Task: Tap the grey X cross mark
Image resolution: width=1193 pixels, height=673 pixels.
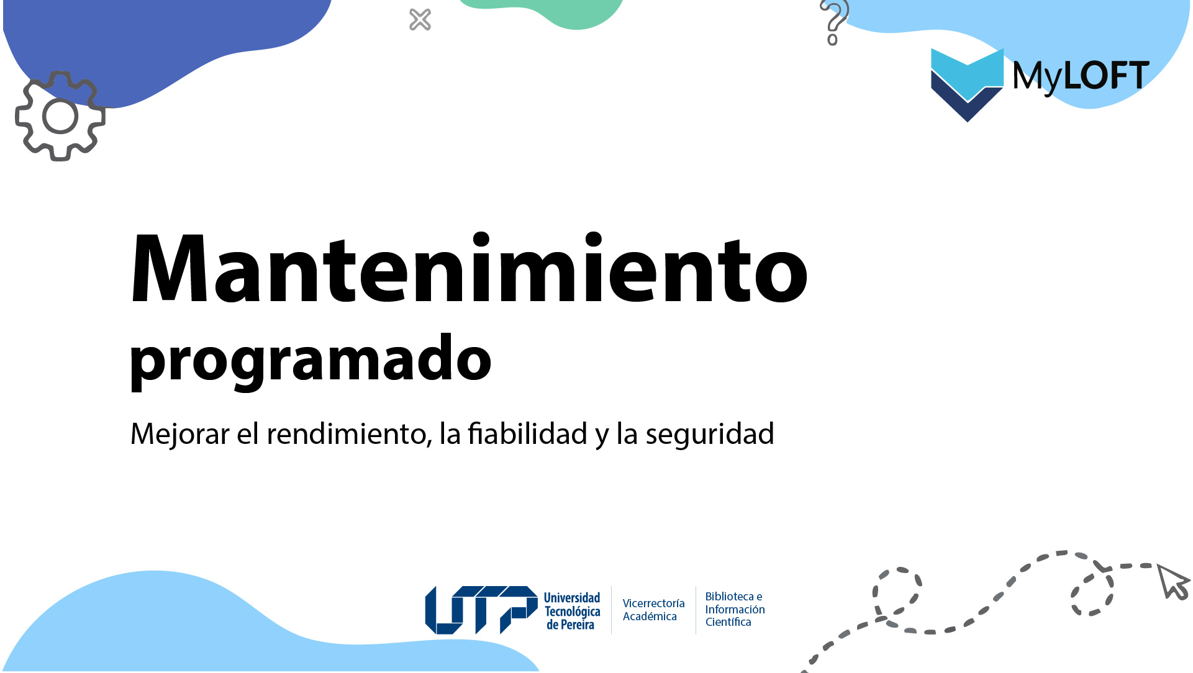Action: tap(420, 20)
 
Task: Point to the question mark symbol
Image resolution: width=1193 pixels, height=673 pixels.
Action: tap(835, 16)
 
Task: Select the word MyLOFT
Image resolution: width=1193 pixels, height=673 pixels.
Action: tap(1081, 76)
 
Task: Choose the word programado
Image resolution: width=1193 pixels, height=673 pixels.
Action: tap(311, 359)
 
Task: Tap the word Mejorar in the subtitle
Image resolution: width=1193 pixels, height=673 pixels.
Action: tap(179, 434)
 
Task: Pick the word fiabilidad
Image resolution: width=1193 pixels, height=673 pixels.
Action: tap(527, 434)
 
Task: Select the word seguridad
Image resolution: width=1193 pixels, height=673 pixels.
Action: tap(709, 434)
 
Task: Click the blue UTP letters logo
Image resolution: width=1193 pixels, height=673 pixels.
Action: tap(481, 610)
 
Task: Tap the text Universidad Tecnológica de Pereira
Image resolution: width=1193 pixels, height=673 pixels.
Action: tap(572, 611)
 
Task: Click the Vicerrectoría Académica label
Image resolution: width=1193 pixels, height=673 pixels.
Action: tap(653, 610)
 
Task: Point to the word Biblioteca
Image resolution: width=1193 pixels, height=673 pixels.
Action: tap(729, 597)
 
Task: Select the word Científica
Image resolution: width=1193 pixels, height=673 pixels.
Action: tap(728, 622)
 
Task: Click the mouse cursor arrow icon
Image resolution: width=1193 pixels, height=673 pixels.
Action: tap(1173, 582)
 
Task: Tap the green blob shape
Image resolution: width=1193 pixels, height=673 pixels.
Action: tap(559, 12)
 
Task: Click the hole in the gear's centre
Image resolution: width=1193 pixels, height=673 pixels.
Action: tap(60, 116)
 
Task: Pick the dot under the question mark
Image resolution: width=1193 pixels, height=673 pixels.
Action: tap(832, 40)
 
